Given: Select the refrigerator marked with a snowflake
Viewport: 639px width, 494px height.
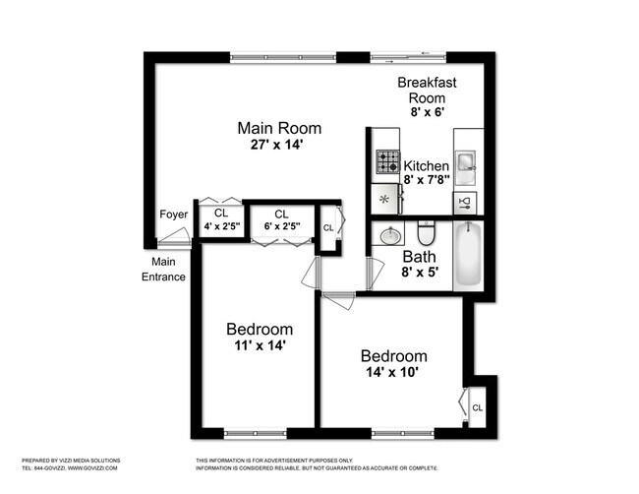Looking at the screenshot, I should point(385,200).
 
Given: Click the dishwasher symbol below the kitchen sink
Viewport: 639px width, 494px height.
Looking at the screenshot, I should point(466,203).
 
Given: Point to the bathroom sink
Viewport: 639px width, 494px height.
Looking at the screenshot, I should point(390,236).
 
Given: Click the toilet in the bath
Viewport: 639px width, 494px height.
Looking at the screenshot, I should point(426,235).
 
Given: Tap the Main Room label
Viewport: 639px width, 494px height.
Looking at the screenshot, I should point(279,128).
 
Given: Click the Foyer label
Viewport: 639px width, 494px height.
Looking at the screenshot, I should point(173,215).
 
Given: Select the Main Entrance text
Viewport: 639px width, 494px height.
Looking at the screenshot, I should point(163,269).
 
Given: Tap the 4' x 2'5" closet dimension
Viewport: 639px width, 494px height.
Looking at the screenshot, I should point(221,227).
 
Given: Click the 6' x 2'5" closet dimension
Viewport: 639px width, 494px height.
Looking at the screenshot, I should point(281,227).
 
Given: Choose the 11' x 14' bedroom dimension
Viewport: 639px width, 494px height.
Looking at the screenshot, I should point(259,345).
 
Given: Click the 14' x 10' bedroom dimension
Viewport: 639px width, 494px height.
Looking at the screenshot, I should point(393,373).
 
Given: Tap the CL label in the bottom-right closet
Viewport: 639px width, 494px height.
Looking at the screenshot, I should point(477,406).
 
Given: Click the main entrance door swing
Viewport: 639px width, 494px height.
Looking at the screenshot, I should point(175,236).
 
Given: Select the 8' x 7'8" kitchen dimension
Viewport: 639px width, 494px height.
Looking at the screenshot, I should point(426,180).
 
